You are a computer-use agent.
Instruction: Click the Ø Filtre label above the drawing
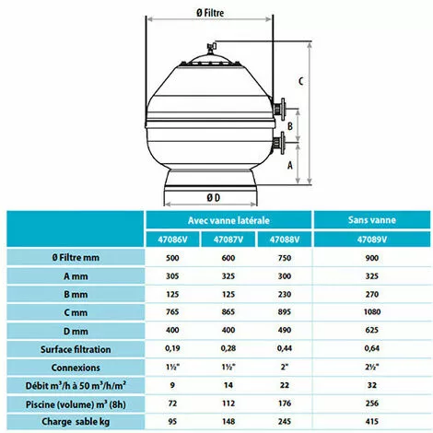[x=210, y=13]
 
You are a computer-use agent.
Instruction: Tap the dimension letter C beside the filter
[x=301, y=81]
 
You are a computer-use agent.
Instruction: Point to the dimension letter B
[x=290, y=126]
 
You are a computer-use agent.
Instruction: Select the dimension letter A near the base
[x=290, y=165]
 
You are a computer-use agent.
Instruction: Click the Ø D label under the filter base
[x=213, y=197]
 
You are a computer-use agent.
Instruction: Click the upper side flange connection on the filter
[x=279, y=109]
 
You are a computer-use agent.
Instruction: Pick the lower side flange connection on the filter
[x=279, y=143]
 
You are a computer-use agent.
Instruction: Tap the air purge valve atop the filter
[x=211, y=48]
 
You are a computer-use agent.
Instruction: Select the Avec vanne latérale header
[x=228, y=220]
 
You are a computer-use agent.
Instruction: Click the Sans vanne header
[x=372, y=220]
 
